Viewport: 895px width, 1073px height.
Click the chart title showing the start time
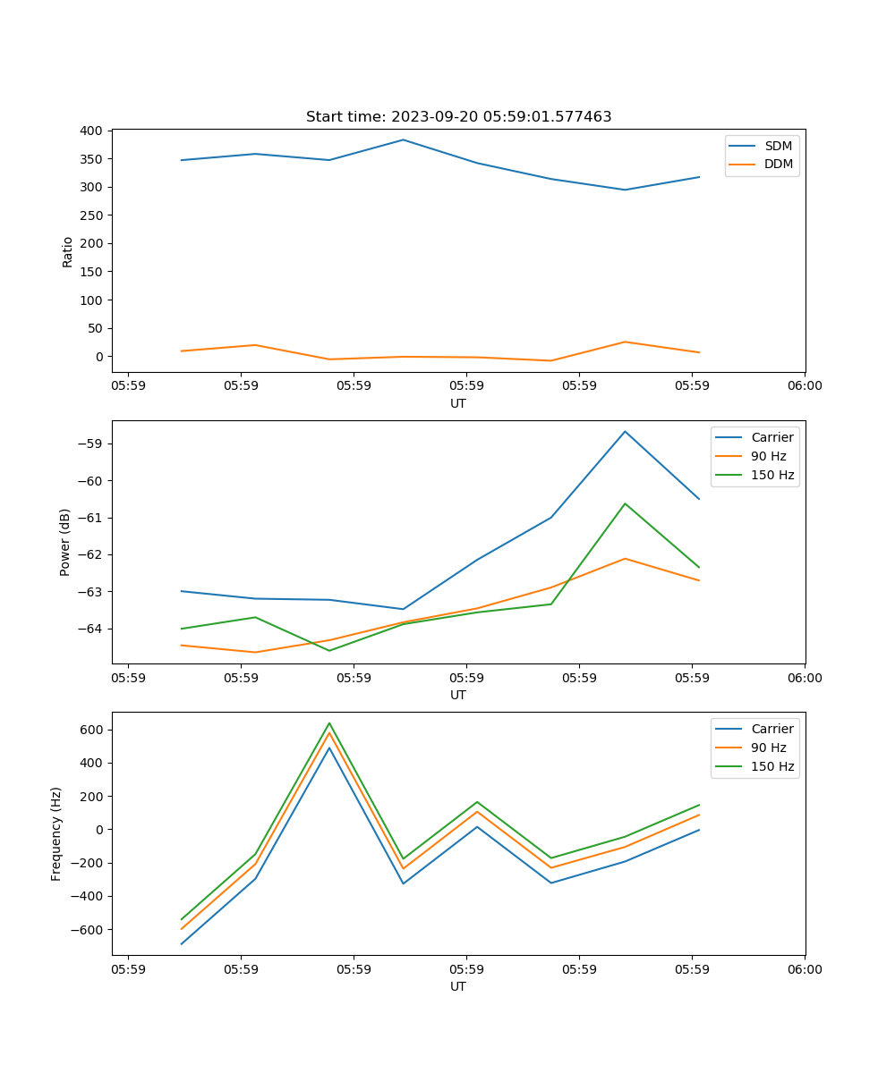point(458,117)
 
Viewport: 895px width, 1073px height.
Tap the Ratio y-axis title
point(68,251)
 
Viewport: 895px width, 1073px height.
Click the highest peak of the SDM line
point(403,139)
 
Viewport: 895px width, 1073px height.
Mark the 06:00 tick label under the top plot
point(805,386)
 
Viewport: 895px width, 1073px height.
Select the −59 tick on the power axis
point(94,444)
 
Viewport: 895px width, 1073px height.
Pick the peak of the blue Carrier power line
point(625,431)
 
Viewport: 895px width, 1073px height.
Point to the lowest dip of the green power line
point(329,650)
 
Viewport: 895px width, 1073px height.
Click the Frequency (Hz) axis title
point(56,834)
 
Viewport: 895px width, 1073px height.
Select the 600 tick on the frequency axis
point(91,730)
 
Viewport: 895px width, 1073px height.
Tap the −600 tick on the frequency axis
point(88,929)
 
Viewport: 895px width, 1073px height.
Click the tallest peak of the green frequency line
point(329,722)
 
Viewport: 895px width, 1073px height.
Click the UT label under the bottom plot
point(458,986)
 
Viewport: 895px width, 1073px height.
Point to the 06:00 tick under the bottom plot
point(805,969)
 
